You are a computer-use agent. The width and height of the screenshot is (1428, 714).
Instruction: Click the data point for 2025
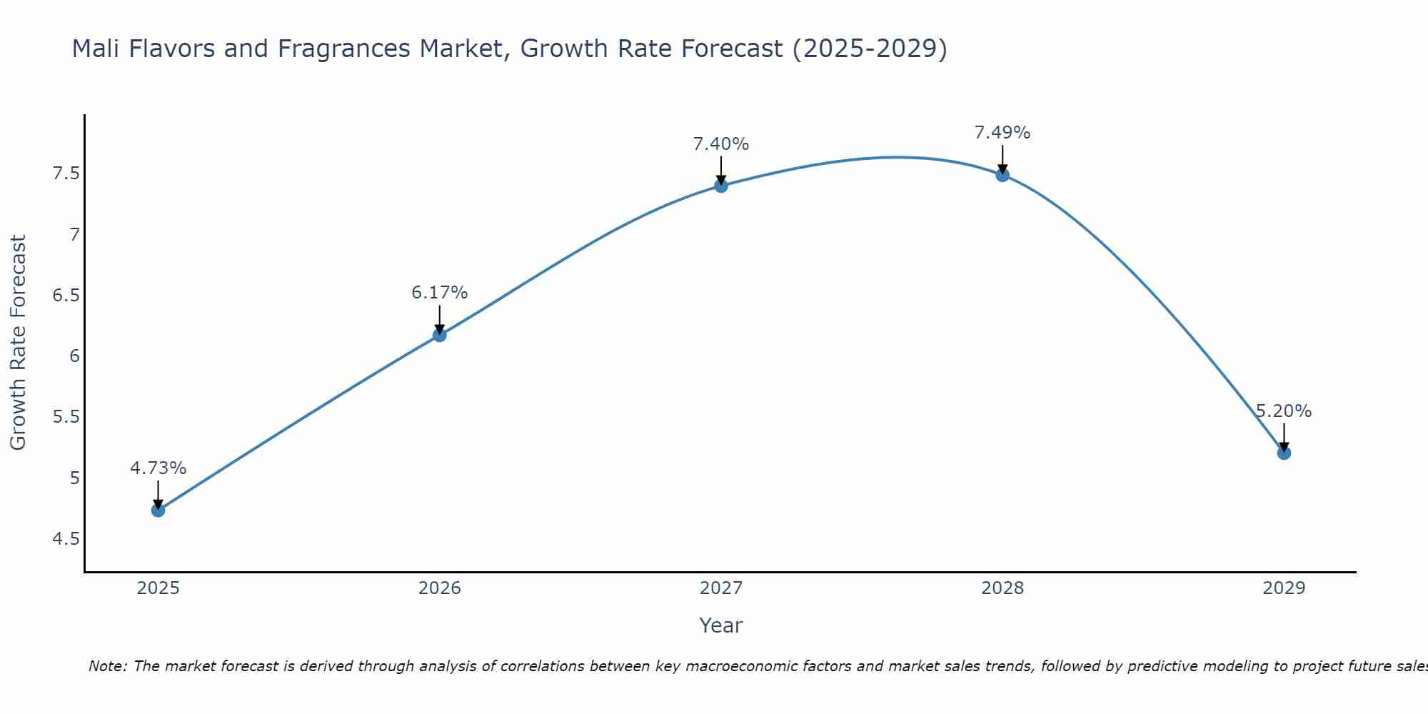[158, 510]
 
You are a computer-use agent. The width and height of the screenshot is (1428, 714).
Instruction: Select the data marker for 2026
[439, 335]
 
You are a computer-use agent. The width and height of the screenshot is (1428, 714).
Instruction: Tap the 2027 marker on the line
[721, 186]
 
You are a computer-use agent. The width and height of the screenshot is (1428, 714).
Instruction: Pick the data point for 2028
[1002, 175]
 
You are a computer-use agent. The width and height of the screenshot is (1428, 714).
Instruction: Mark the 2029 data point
[1284, 453]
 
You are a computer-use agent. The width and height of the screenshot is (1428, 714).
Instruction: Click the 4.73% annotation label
[158, 468]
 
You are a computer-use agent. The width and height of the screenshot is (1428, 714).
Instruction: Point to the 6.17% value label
[439, 293]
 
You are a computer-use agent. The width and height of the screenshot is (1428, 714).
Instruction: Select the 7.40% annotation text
[721, 144]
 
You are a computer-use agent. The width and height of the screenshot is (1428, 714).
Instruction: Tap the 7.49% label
[1002, 133]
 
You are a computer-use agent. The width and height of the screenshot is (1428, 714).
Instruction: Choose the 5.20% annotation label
[1284, 411]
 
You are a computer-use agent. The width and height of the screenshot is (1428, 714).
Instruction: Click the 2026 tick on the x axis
[439, 588]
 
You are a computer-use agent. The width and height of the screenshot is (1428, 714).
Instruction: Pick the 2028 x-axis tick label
[1002, 588]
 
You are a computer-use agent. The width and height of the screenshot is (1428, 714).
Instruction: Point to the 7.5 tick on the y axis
[66, 174]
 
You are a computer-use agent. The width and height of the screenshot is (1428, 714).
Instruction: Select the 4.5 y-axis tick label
[66, 538]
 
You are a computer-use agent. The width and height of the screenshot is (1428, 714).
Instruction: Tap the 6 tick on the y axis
[74, 356]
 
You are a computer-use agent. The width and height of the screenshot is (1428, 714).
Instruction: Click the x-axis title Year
[721, 625]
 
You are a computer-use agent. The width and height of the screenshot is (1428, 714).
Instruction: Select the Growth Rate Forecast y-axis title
[18, 343]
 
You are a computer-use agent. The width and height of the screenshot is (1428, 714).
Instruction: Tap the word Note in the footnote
[107, 666]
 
